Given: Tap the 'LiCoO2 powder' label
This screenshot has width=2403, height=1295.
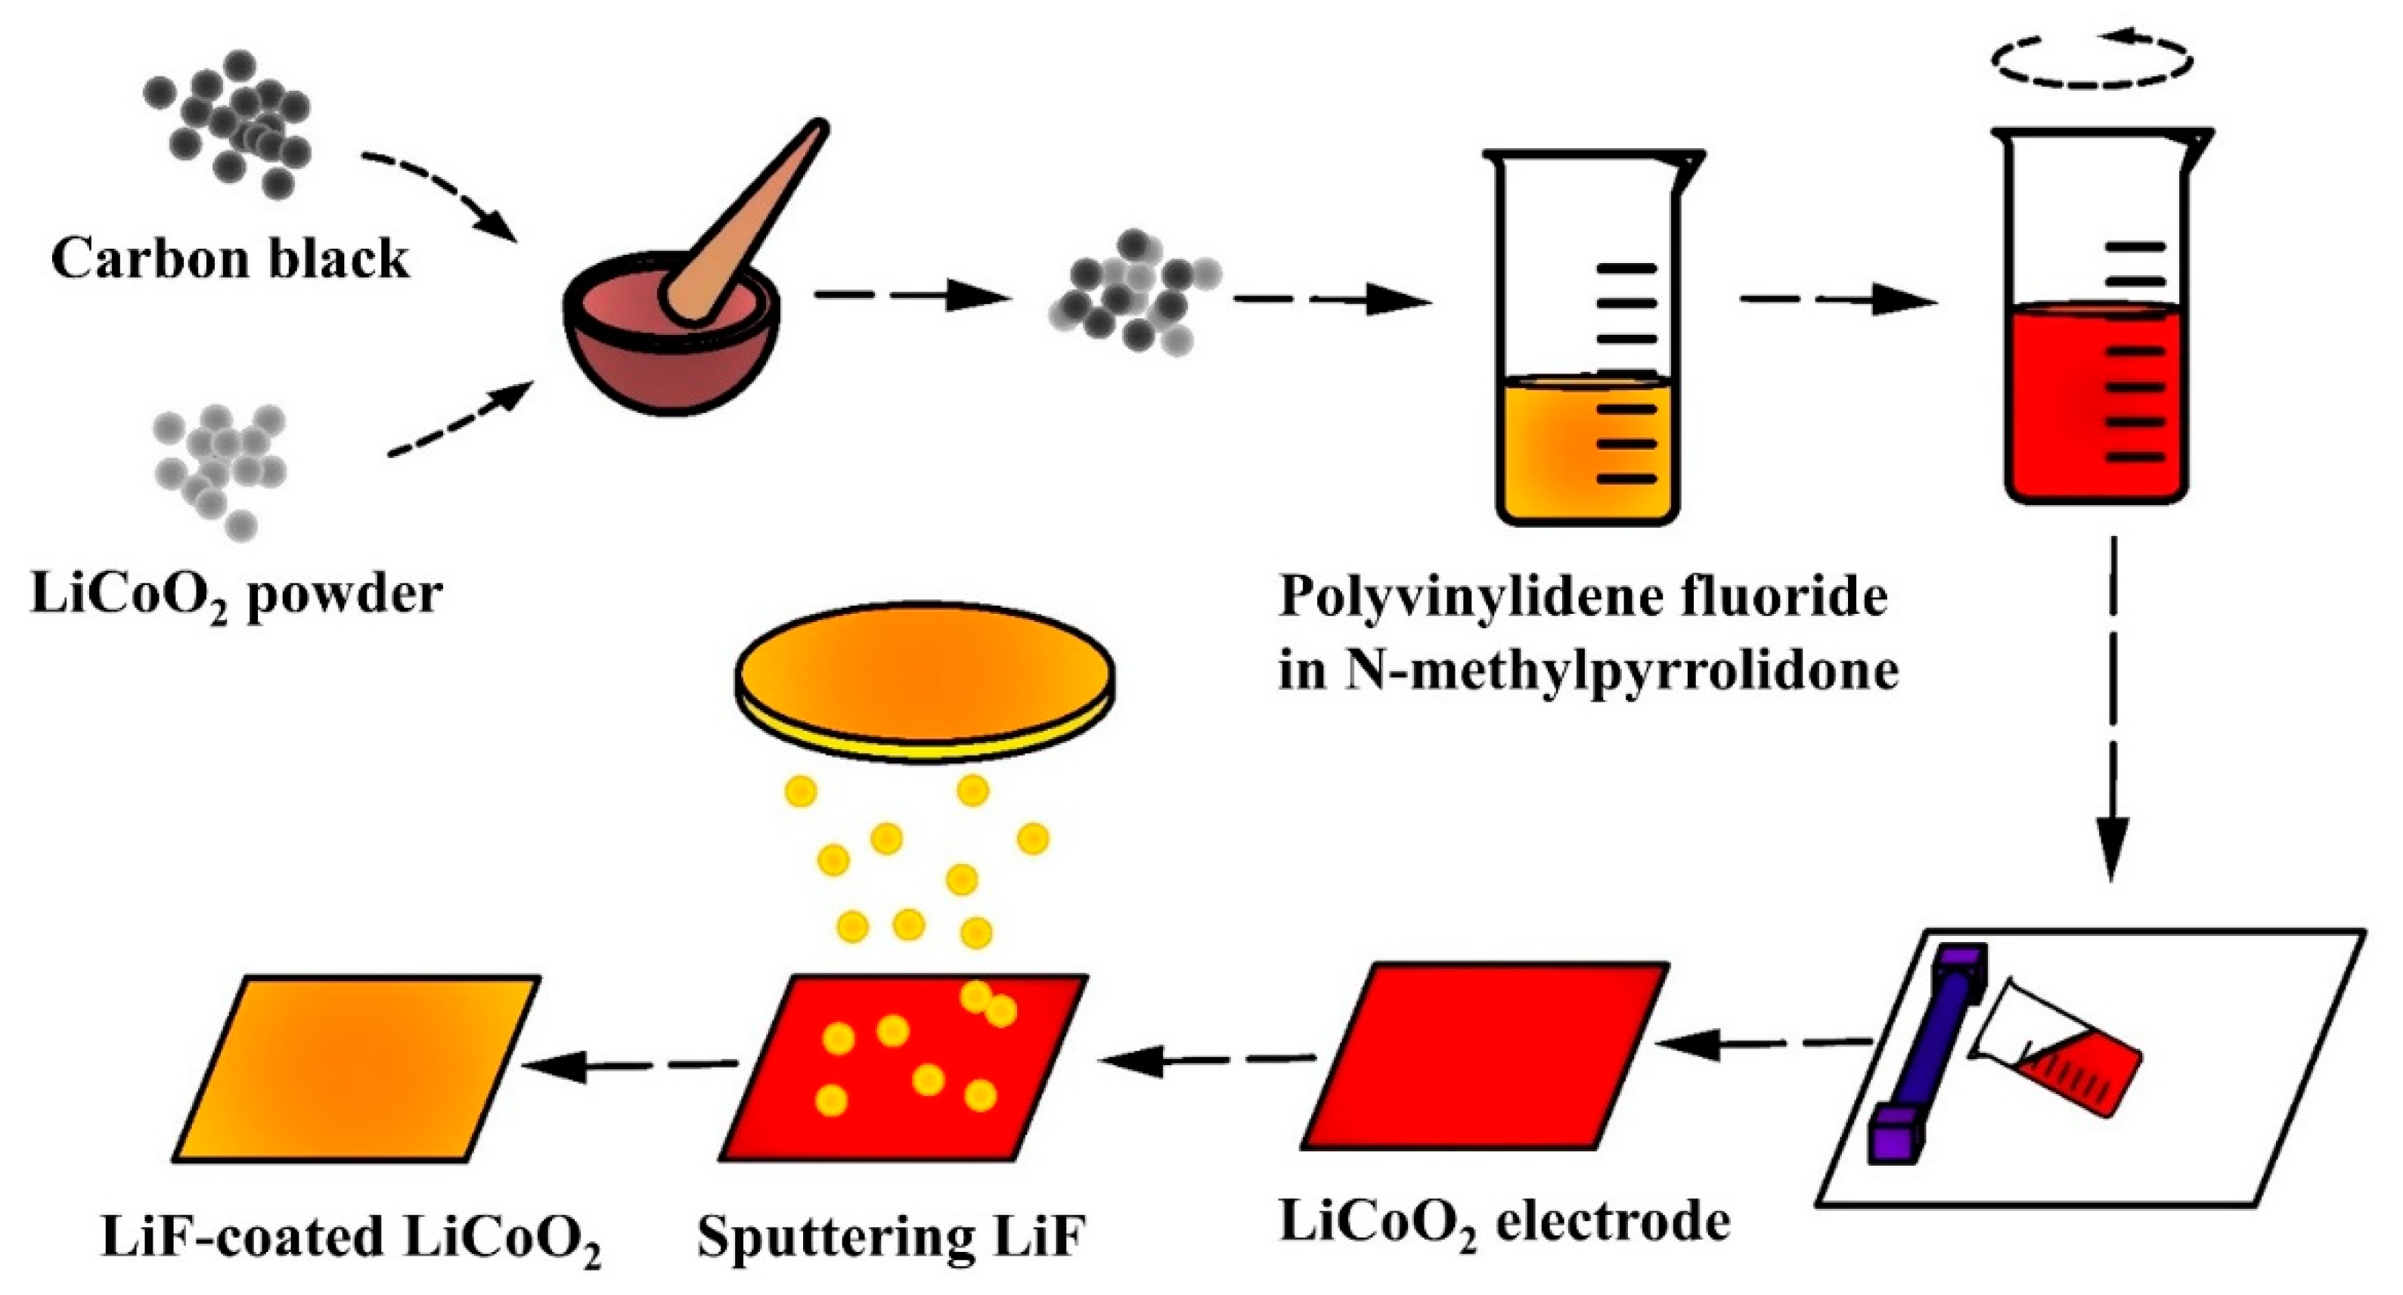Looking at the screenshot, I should click(236, 595).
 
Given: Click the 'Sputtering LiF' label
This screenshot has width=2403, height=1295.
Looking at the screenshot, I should click(891, 1238).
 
